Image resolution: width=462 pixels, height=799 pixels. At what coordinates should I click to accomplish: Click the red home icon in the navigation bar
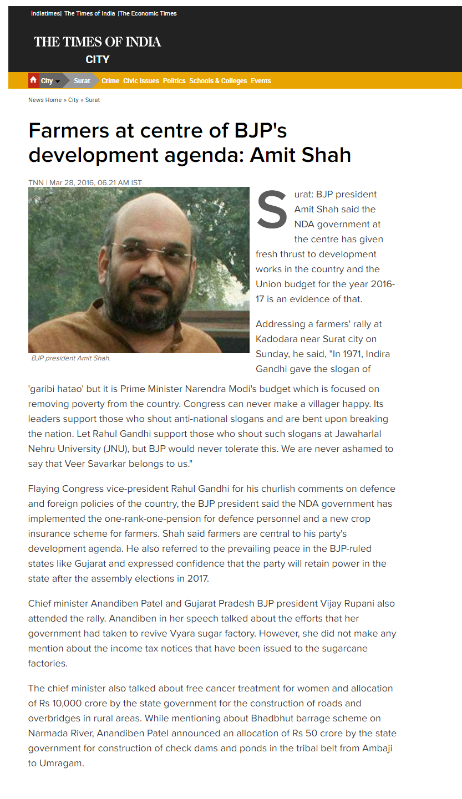[33, 80]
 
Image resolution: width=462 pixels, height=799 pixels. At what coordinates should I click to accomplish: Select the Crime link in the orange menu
[110, 81]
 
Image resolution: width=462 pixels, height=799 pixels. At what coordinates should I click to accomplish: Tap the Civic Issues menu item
[141, 81]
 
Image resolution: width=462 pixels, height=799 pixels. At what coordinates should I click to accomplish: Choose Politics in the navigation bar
[174, 81]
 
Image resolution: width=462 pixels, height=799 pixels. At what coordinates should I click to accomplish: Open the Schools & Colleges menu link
[218, 81]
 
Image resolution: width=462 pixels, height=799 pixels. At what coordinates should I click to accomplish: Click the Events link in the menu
[261, 81]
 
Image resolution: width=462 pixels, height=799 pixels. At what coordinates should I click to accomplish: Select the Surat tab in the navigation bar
[82, 81]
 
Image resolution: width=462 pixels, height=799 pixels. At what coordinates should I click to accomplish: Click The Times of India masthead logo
[98, 42]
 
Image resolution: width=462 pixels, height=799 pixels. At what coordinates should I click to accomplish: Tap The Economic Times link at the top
[149, 13]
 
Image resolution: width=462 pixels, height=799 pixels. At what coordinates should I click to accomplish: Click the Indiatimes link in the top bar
[45, 13]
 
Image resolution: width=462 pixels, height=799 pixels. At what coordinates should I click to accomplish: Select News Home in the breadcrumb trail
[45, 100]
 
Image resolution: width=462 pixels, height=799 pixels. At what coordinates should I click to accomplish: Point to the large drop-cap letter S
[272, 211]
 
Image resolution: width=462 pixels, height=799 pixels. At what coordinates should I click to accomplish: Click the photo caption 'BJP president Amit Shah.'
[71, 358]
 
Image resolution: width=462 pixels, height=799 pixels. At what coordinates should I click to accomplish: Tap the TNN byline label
[36, 182]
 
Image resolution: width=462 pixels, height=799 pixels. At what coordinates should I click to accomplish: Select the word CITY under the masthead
[98, 59]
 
